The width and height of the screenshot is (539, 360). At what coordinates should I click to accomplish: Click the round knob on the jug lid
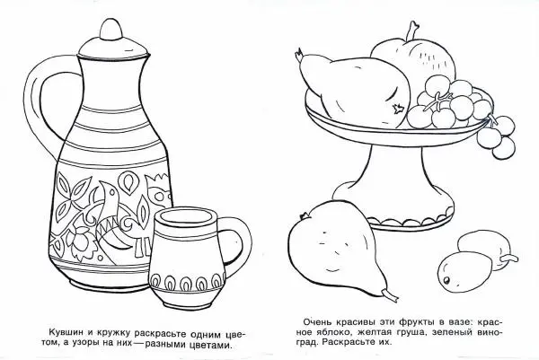click(x=111, y=30)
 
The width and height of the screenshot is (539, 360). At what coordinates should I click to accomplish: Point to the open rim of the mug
click(x=185, y=218)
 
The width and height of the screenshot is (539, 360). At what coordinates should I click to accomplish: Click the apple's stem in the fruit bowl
click(x=411, y=31)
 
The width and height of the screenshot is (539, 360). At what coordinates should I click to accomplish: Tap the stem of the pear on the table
click(x=390, y=294)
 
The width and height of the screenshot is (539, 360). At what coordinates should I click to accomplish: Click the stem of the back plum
click(x=509, y=259)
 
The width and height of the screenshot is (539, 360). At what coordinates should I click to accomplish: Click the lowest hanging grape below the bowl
click(x=503, y=148)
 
